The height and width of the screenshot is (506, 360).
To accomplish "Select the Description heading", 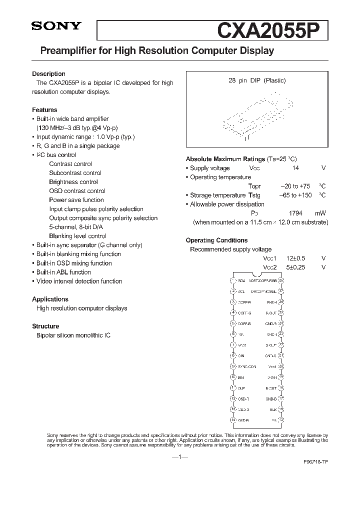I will coord(48,73).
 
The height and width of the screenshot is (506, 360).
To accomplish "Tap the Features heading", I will coord(44,109).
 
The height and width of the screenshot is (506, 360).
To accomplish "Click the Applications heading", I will coord(50,299).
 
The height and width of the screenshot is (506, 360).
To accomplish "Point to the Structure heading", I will coord(45,326).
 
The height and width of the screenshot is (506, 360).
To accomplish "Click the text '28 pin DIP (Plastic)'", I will coord(257,80).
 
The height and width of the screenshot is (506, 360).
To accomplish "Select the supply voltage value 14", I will coord(295,168).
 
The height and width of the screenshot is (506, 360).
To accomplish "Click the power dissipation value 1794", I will coord(295,213).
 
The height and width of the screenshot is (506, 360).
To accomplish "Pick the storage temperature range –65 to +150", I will coord(294,195).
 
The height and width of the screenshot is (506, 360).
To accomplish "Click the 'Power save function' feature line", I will coord(76,200).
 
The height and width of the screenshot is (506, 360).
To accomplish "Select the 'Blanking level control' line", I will coord(77,236).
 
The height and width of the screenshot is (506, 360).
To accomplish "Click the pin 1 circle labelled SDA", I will coord(233,281).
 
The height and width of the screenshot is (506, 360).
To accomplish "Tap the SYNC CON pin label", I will coord(246,366).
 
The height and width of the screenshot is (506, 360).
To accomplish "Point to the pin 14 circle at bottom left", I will coord(233,420).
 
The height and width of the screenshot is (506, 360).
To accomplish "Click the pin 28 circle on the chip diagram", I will coord(281,281).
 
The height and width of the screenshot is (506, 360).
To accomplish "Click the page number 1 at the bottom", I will coord(179,457).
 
